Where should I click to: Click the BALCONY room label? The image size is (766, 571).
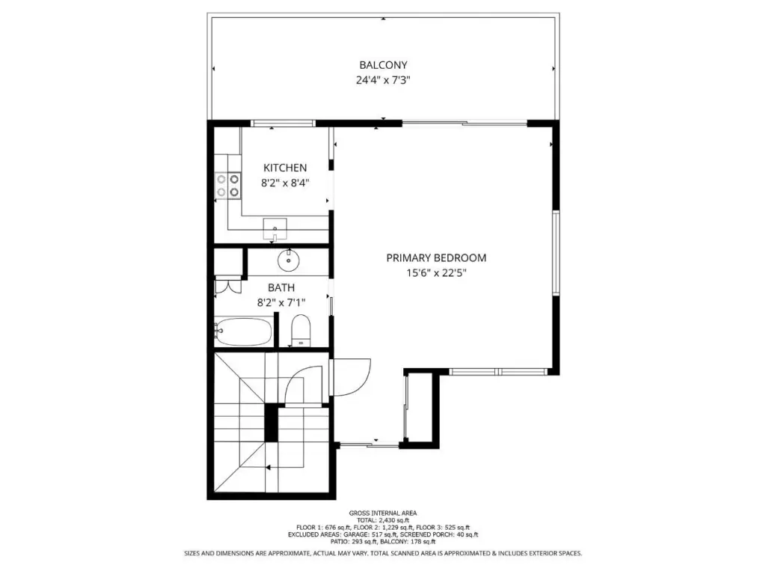click(x=383, y=65)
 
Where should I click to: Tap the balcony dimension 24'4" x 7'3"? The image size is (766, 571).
click(x=383, y=80)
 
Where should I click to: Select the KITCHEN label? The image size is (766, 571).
click(x=285, y=168)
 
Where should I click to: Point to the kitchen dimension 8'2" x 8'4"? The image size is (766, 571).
click(x=285, y=183)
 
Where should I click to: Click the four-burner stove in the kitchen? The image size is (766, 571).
click(x=228, y=186)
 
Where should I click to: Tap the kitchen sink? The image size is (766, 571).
click(x=275, y=229)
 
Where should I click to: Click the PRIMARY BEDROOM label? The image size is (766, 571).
click(x=436, y=257)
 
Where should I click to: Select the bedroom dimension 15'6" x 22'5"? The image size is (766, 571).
click(x=436, y=273)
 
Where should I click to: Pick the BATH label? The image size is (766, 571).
click(x=281, y=287)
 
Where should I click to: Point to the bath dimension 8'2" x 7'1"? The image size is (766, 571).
click(x=281, y=302)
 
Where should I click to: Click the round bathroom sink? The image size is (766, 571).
click(x=288, y=260)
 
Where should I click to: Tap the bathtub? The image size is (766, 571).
click(x=243, y=332)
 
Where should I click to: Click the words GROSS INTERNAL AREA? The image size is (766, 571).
click(x=383, y=513)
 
